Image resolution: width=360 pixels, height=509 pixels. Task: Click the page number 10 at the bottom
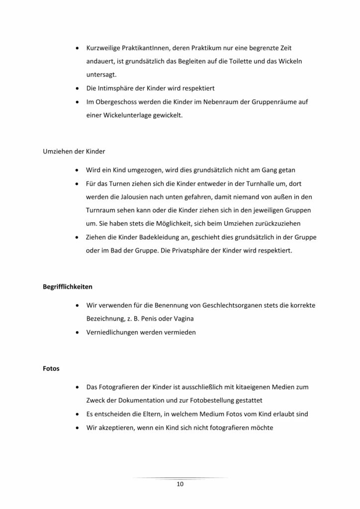[180, 485]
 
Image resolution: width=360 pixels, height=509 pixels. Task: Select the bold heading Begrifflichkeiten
[67, 287]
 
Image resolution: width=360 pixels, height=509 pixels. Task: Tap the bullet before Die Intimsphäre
[77, 88]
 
